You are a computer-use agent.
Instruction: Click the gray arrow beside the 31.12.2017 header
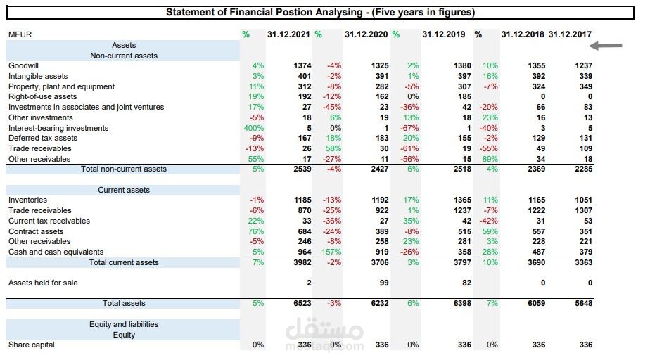point(606,46)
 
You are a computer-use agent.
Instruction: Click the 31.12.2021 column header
point(288,34)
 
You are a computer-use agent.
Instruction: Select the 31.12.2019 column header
point(442,34)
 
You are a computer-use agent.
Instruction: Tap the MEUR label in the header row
point(20,34)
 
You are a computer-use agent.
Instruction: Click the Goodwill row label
point(23,65)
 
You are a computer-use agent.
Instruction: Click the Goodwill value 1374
point(302,65)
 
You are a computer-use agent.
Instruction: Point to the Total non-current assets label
point(124,169)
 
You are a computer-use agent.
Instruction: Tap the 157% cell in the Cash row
point(331,252)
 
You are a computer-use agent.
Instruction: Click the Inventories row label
point(27,200)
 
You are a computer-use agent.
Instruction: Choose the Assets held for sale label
point(43,283)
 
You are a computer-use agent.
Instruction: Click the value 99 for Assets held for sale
point(383,283)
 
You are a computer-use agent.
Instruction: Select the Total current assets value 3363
point(583,262)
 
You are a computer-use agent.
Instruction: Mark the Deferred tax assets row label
point(43,139)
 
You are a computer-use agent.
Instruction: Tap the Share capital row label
point(31,345)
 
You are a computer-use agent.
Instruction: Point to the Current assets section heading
point(124,190)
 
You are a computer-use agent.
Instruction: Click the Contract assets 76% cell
point(256,231)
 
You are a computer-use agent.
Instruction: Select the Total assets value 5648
point(583,303)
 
